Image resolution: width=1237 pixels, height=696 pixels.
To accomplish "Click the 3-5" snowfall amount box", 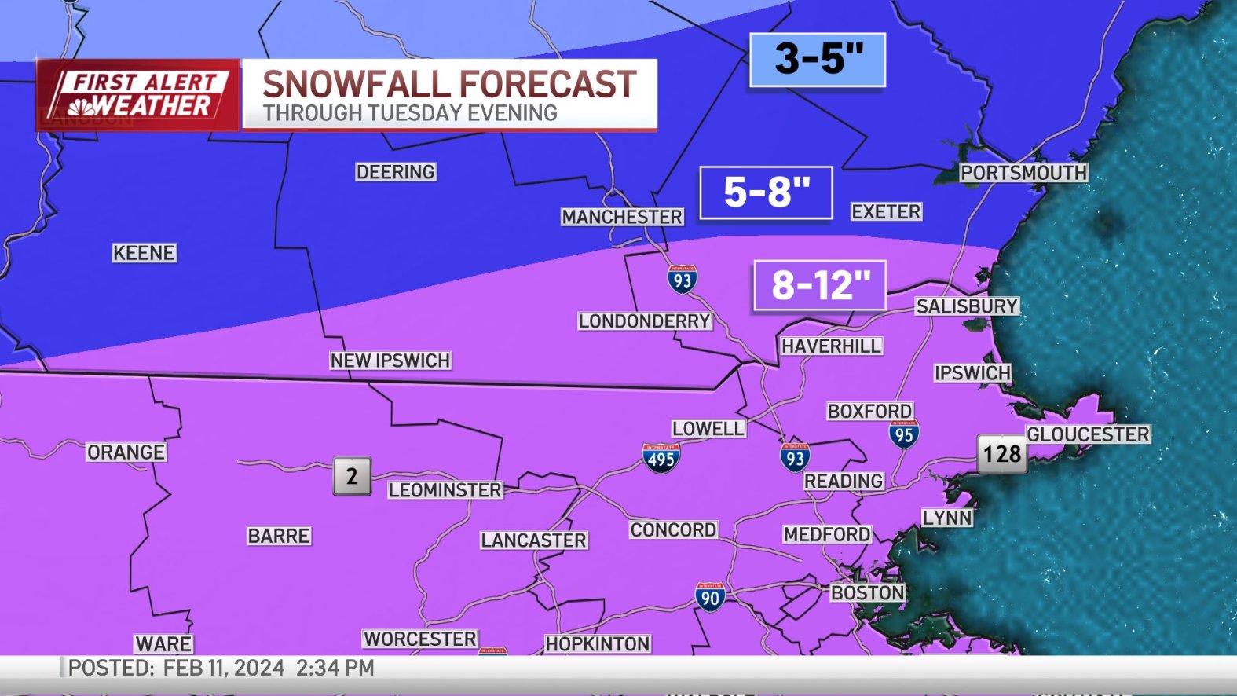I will coord(818,60).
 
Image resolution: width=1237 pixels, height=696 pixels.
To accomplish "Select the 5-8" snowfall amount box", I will coord(766,192).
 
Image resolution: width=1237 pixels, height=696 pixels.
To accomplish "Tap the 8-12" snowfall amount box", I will coord(819,285).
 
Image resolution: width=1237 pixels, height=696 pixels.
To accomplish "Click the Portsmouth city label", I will coord(1023,173).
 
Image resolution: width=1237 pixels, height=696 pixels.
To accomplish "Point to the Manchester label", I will coord(622,217).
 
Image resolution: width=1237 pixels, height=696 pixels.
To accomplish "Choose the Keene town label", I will coord(144,253).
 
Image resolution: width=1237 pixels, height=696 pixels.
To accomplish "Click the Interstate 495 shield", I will coord(661,458).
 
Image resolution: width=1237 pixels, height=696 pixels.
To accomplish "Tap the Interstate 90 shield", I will coord(709,597).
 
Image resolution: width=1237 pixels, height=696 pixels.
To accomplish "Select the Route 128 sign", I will coord(1002,454).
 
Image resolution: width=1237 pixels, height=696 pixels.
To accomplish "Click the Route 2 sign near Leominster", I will coord(352,476).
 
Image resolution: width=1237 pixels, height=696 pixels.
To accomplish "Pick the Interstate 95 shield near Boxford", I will coord(904,434).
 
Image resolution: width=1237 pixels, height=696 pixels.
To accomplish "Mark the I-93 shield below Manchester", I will coord(682,280).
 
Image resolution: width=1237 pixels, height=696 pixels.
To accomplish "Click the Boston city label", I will coord(868,593).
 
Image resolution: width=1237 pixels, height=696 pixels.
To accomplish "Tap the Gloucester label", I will coord(1088,434).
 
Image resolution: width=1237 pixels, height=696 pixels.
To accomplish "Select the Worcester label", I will coord(420,639).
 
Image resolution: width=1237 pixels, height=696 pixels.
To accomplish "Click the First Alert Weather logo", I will coord(138,94).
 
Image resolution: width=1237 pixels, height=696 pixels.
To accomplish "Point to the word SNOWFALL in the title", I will coord(357,84).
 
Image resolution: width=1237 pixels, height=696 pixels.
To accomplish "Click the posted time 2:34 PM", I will coord(335,669).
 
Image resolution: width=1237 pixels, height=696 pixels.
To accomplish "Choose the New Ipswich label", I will coord(390,361).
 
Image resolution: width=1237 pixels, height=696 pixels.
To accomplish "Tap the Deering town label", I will coord(395,172).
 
